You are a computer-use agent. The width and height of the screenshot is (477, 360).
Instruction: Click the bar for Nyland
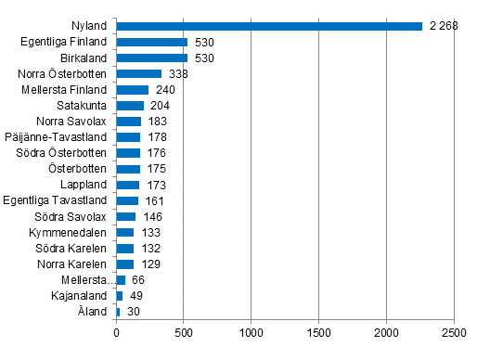(269, 26)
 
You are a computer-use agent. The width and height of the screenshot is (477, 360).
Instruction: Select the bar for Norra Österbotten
(139, 73)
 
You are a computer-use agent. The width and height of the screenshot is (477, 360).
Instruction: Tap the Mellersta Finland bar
(133, 90)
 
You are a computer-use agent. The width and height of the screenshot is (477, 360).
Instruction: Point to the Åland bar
(118, 312)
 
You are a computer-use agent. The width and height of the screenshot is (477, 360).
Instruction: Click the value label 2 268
(442, 26)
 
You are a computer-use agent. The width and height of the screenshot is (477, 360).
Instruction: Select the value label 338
(177, 73)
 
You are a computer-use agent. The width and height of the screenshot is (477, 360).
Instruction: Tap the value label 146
(152, 216)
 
